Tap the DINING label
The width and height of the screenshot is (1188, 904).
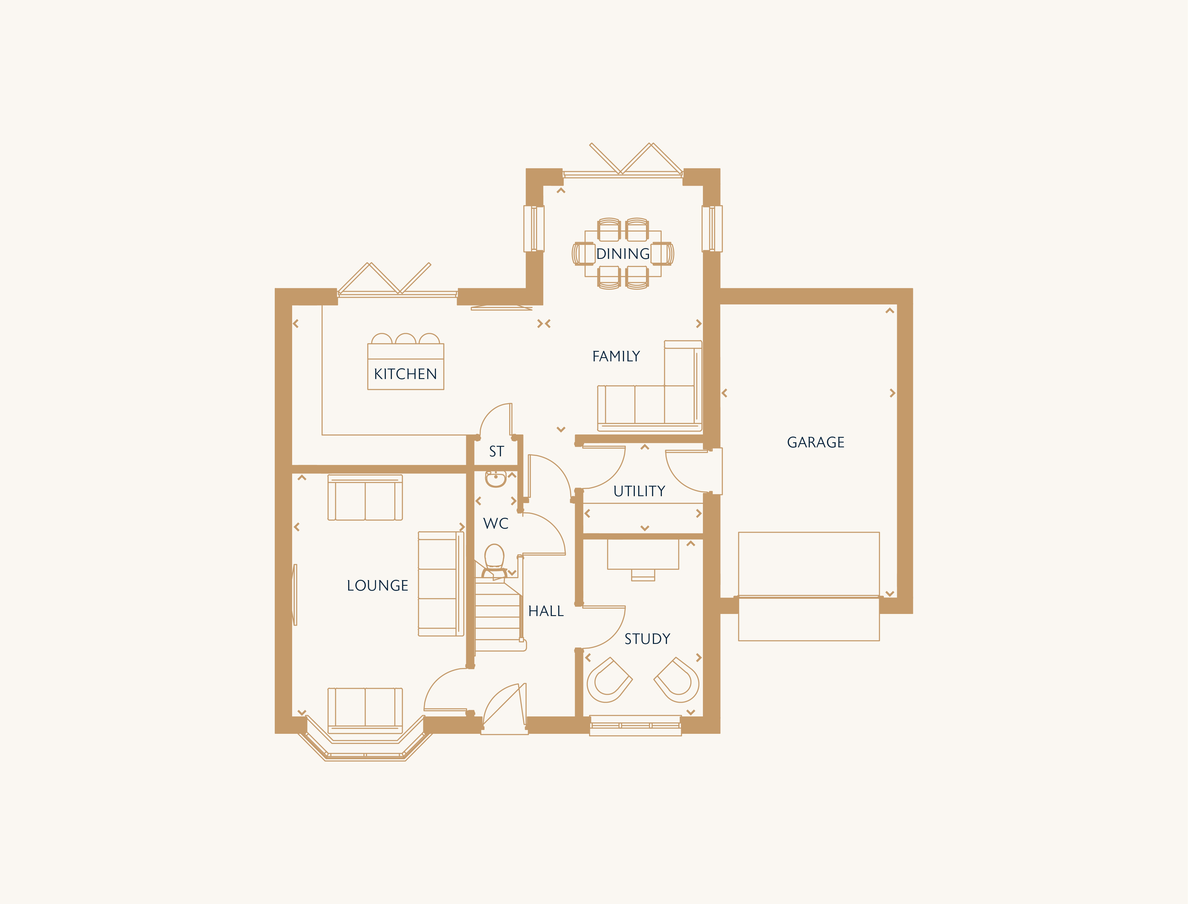coord(623,254)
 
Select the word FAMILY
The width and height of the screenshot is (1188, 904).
coord(616,356)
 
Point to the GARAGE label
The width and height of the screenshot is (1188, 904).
coord(816,442)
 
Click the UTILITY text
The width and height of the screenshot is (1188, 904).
coord(639,491)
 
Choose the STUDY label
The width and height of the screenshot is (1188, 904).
coord(647,639)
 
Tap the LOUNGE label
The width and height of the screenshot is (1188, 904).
coord(378,585)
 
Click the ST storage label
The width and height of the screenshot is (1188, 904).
coord(496,452)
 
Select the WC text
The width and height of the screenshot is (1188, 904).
coord(496,523)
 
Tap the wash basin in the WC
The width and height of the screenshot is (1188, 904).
coord(496,478)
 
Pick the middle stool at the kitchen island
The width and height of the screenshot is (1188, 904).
coord(406,339)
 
